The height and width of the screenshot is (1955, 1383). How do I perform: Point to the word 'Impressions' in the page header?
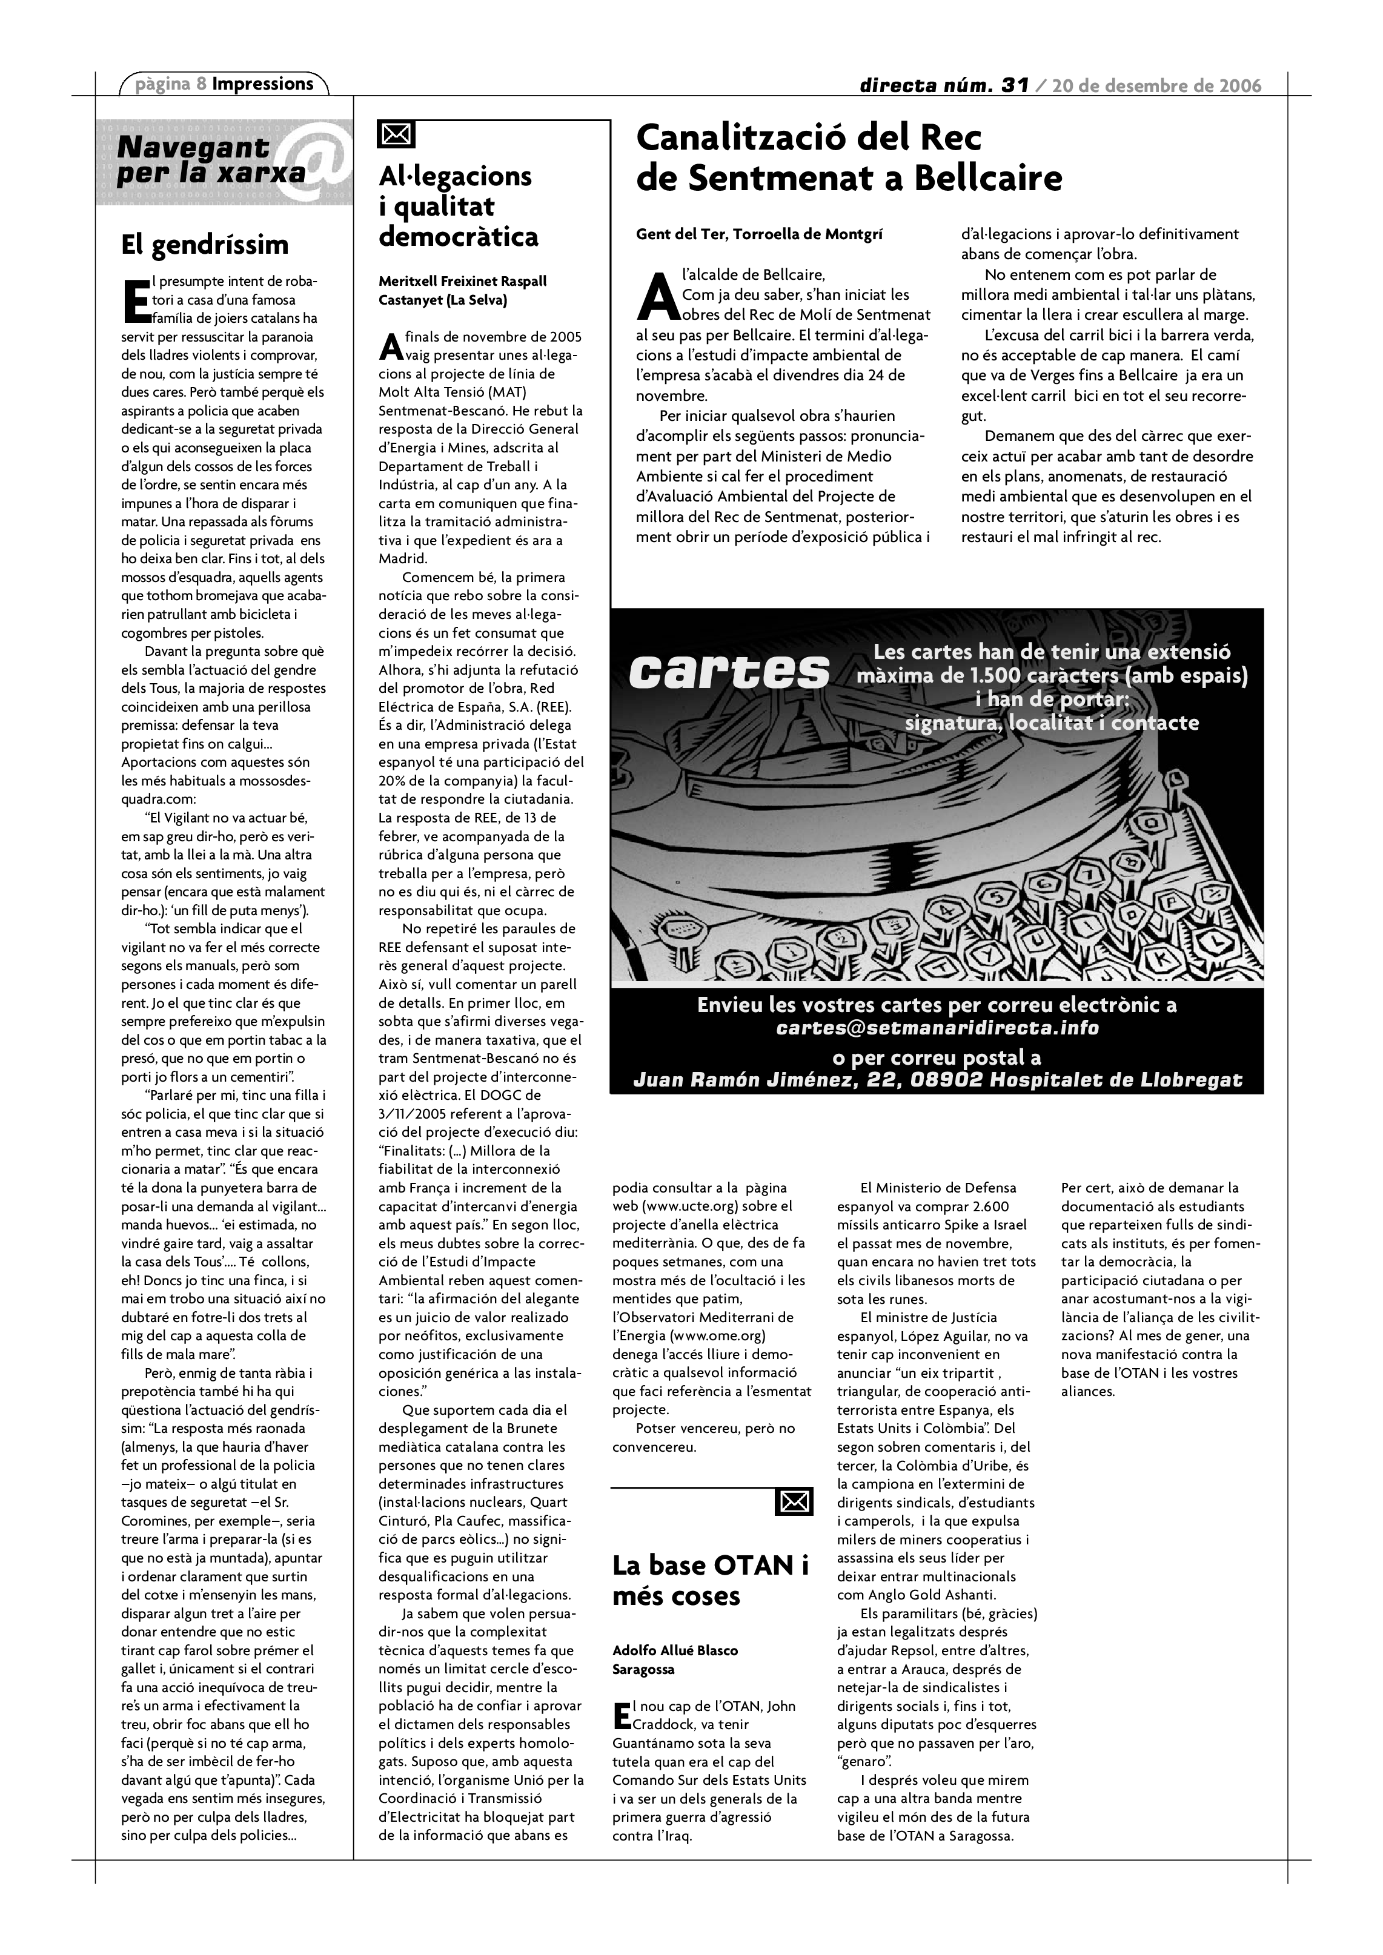coord(262,84)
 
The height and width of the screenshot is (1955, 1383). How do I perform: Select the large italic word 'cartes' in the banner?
coord(729,672)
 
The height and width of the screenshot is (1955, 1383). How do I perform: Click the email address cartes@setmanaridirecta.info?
coord(937,1028)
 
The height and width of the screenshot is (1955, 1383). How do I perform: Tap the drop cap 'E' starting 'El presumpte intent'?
coord(136,300)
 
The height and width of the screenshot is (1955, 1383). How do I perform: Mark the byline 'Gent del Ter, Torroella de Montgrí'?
coord(759,234)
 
